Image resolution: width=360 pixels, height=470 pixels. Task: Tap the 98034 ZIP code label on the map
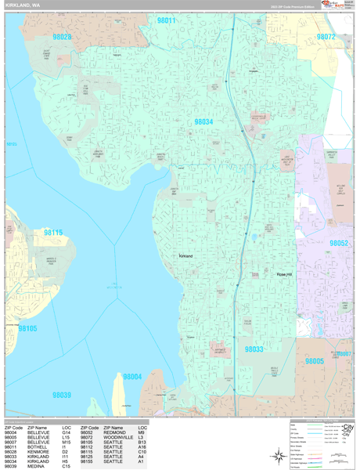203,122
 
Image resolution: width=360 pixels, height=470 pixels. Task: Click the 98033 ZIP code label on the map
254,349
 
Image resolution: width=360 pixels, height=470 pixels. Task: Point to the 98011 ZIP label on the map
166,21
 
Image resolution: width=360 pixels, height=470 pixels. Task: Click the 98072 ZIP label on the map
326,37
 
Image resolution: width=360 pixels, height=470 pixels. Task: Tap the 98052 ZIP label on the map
339,244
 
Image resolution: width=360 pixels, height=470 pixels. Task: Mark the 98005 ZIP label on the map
314,360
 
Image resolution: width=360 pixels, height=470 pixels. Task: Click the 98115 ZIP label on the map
53,233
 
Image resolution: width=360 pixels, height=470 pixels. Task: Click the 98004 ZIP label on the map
132,377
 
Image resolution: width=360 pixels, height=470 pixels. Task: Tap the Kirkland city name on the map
185,256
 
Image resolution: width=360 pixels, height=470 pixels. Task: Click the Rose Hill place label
283,275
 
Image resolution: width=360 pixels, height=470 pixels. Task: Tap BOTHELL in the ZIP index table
38,446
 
